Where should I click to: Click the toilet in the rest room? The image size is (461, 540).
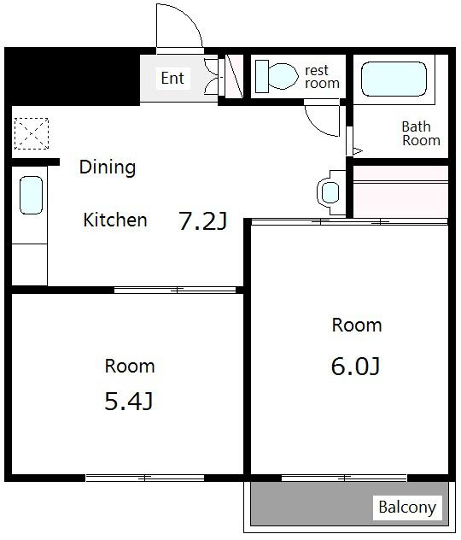277,76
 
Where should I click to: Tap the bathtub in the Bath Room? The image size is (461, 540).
394,79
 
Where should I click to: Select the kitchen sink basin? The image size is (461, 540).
31,195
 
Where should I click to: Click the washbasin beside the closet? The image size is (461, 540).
330,192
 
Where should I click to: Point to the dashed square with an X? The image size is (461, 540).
32,133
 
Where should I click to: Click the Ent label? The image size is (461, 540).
172,78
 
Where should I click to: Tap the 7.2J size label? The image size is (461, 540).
202,220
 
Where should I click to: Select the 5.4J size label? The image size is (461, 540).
129,402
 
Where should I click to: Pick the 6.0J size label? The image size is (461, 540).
356,366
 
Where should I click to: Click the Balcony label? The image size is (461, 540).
407,508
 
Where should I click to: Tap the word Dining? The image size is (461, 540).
108,167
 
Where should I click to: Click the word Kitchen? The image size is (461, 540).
115,220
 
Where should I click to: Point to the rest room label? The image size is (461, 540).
322,77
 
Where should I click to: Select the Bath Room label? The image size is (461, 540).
421,133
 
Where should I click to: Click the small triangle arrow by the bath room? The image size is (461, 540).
358,151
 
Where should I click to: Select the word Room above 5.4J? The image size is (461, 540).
130,366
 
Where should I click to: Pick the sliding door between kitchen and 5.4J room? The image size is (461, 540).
175,290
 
